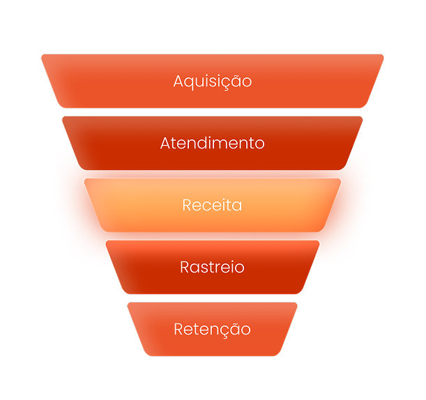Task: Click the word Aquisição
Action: [x=213, y=81]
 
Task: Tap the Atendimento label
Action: [x=213, y=143]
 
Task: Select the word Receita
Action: [x=213, y=206]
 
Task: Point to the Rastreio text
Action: [x=213, y=267]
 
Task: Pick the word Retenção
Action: [x=213, y=329]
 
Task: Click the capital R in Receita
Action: [x=186, y=206]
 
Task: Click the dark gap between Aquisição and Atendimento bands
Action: [x=213, y=112]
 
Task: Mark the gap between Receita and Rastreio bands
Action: [x=213, y=236]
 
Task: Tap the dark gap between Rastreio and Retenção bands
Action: [x=213, y=298]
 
